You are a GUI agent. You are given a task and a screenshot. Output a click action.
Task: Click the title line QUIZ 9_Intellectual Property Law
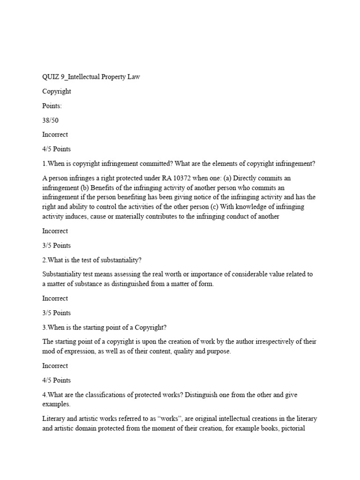(91, 77)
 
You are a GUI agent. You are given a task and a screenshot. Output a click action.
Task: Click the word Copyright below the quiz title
(57, 91)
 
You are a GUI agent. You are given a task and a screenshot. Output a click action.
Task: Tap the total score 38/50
(51, 120)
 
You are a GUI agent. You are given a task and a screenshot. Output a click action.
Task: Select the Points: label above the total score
(52, 106)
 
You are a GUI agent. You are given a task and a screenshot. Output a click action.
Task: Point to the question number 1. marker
(45, 164)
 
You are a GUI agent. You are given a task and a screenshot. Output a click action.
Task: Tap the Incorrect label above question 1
(55, 135)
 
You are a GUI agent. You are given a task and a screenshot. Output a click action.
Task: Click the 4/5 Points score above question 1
(57, 149)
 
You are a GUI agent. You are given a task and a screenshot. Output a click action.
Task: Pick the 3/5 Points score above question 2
(57, 245)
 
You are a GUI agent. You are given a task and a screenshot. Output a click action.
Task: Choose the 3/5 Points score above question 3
(57, 313)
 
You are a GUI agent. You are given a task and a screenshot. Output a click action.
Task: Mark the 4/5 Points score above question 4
(57, 380)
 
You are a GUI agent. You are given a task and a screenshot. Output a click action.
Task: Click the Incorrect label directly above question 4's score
(55, 366)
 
